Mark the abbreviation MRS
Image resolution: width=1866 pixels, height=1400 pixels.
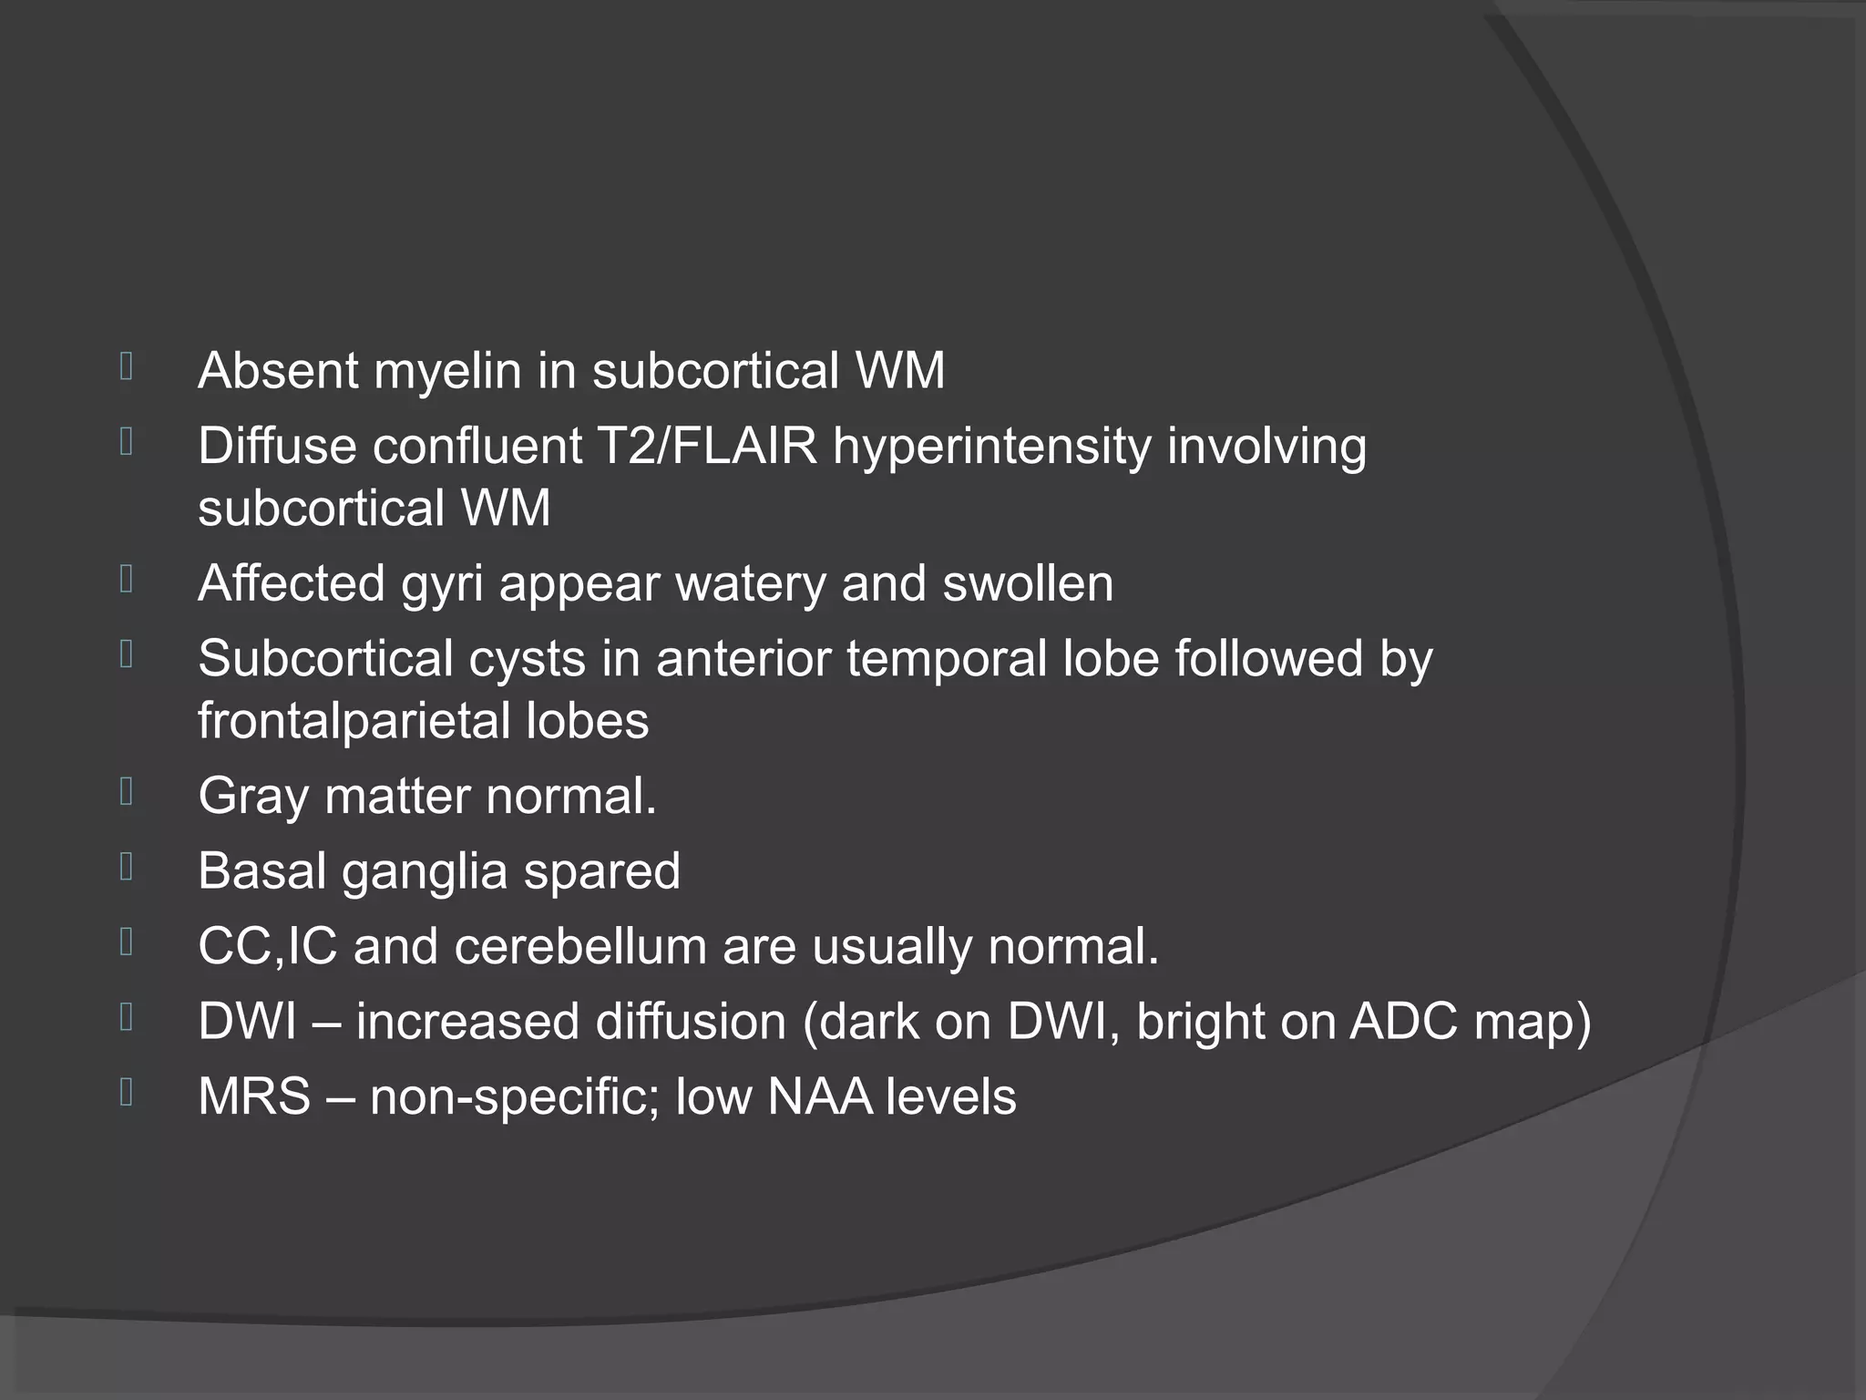254,1096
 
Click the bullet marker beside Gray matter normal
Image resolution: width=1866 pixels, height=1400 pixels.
127,791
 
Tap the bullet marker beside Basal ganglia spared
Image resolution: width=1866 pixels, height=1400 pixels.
127,867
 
